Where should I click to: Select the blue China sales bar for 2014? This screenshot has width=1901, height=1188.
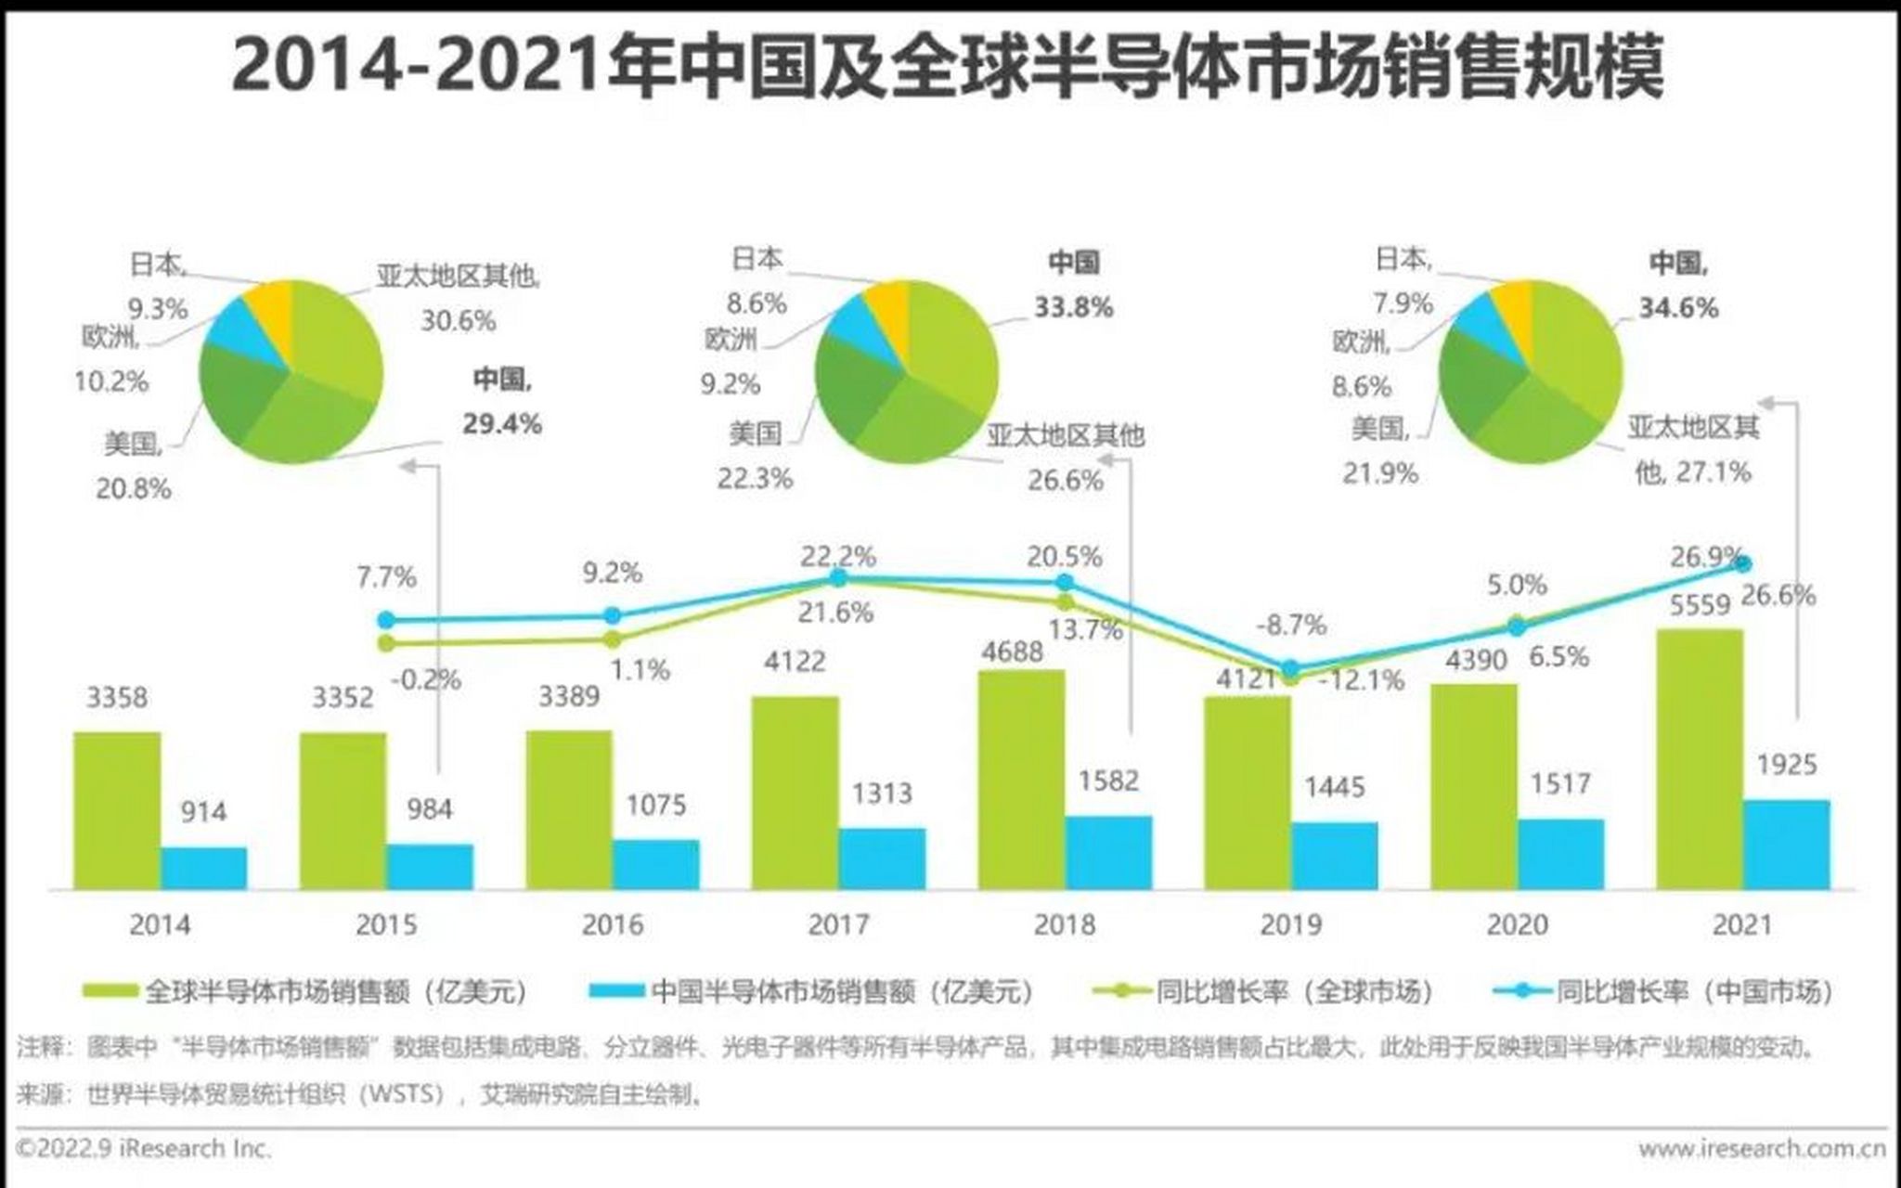click(203, 868)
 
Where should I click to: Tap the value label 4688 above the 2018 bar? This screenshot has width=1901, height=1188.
click(1012, 652)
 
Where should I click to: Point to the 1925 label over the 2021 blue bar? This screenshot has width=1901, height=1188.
click(1786, 765)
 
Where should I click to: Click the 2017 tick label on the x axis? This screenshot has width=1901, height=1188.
click(838, 924)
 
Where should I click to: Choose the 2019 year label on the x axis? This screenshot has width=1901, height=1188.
click(1290, 924)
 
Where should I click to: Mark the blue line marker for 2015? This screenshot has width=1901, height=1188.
click(386, 620)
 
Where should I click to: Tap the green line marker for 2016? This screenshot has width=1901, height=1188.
click(612, 639)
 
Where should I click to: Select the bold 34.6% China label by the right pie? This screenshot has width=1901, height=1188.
click(1678, 307)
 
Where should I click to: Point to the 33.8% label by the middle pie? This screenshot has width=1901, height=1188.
click(1073, 307)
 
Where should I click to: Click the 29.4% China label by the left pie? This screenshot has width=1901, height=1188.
click(501, 424)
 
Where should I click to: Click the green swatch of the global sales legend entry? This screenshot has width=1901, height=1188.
click(111, 991)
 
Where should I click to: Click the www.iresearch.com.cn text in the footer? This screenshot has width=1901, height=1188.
click(1761, 1149)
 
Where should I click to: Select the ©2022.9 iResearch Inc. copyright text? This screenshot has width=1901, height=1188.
click(144, 1149)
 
